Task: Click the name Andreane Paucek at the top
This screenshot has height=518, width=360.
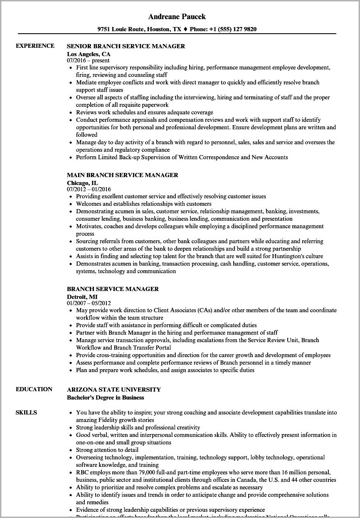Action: click(177, 17)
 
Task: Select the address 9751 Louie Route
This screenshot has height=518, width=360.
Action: click(121, 29)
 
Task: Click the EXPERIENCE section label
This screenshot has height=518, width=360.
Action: click(35, 46)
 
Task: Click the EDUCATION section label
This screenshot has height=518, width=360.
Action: click(34, 389)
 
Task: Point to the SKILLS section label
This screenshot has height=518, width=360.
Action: click(26, 412)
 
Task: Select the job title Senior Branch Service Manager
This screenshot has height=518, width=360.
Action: click(126, 46)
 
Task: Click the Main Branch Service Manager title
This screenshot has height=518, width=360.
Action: click(122, 175)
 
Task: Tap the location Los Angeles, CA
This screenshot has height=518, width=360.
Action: click(89, 54)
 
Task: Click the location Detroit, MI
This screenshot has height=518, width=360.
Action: click(83, 296)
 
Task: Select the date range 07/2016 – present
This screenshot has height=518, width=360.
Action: click(88, 61)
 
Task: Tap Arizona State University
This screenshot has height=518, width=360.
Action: click(113, 390)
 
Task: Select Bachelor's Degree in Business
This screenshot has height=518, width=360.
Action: click(105, 397)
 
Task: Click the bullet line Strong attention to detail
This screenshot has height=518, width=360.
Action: click(107, 450)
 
